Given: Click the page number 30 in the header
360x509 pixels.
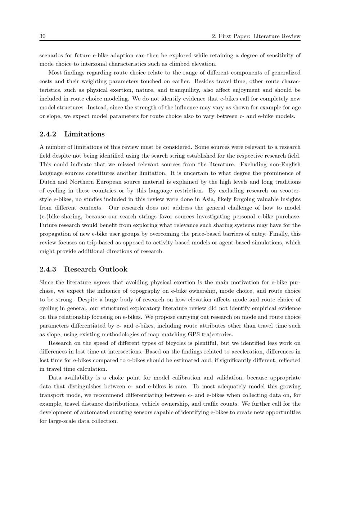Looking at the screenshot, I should click(42, 36).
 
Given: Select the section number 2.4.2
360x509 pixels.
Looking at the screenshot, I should click(48, 134).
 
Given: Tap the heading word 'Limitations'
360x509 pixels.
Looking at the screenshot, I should click(85, 134).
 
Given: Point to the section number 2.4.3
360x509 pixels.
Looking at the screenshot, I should click(48, 269).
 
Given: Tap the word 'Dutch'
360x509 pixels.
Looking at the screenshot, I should click(47, 182).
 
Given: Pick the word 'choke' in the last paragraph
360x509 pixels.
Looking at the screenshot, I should click(117, 378).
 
